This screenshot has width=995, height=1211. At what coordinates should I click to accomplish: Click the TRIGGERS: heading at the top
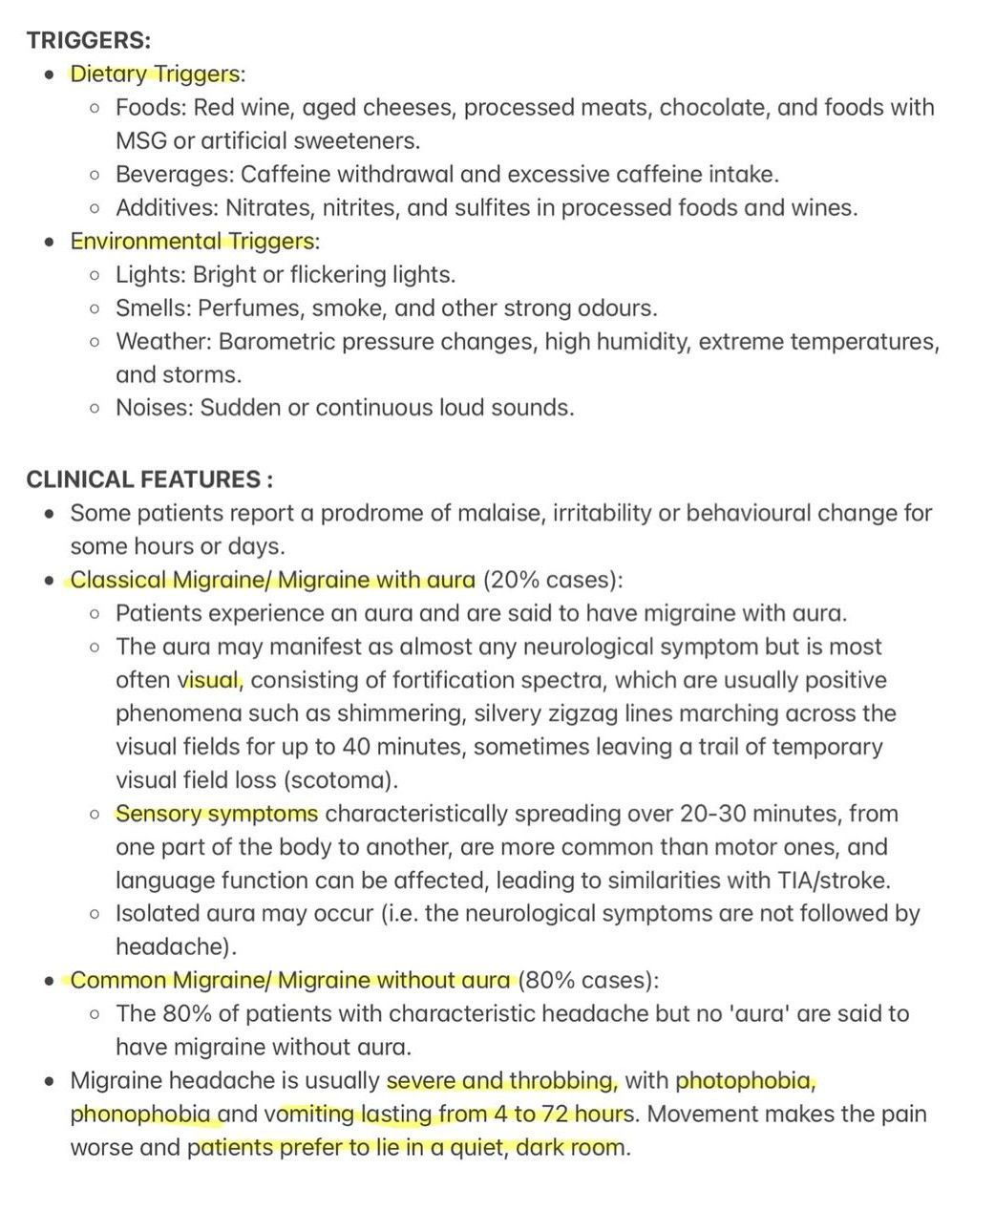pyautogui.click(x=88, y=40)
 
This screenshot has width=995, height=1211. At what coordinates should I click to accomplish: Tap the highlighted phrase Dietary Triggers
pyautogui.click(x=154, y=74)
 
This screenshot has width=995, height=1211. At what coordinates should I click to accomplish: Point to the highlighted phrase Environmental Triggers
pyautogui.click(x=191, y=241)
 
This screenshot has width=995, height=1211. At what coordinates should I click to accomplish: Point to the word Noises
pyautogui.click(x=155, y=408)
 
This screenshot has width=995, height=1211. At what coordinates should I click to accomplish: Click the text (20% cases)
pyautogui.click(x=552, y=580)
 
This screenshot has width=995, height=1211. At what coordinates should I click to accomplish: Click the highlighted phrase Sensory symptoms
pyautogui.click(x=217, y=814)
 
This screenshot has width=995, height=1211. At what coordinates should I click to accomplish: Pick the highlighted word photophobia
pyautogui.click(x=745, y=1081)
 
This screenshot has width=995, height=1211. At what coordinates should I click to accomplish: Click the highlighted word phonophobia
pyautogui.click(x=140, y=1115)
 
